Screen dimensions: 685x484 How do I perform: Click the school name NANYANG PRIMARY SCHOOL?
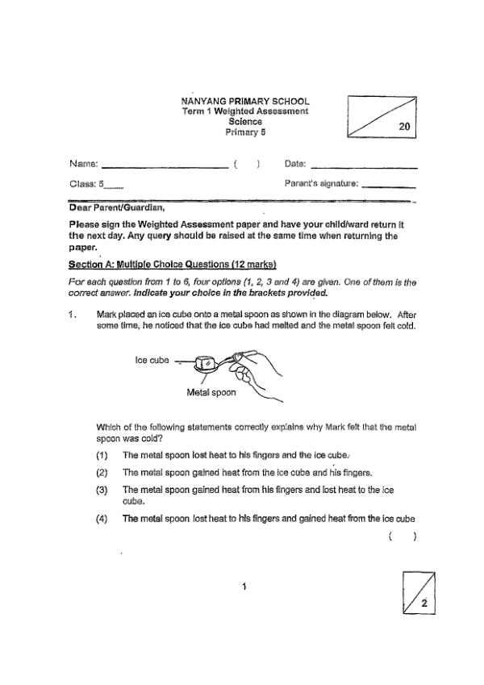point(245,101)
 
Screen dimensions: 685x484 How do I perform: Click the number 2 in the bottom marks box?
point(423,603)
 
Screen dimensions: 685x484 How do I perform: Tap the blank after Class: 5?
point(115,186)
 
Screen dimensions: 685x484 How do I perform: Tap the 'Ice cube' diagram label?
point(152,361)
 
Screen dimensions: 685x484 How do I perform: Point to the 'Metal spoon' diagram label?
point(211,393)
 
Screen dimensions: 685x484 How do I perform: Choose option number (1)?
point(102,455)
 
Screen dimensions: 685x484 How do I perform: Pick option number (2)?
point(102,472)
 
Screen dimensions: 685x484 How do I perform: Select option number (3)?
point(102,490)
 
